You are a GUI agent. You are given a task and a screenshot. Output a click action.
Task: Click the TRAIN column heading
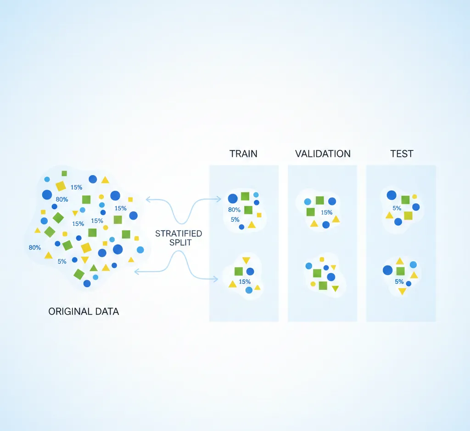click(243, 154)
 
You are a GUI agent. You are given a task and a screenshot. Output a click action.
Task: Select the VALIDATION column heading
click(323, 154)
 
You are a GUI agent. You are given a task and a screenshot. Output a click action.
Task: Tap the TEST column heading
click(401, 154)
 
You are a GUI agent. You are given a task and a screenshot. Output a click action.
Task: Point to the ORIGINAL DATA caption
click(84, 312)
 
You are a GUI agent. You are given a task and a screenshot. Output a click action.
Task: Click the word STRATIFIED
click(179, 234)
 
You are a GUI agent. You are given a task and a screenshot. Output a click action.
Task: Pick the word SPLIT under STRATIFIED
click(180, 243)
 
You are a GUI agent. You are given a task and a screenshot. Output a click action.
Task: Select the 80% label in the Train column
click(234, 210)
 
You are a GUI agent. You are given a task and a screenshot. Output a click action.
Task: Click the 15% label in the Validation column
click(326, 212)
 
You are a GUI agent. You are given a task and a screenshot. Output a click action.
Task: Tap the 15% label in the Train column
click(245, 282)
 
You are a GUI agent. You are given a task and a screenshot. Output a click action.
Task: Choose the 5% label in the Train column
click(235, 220)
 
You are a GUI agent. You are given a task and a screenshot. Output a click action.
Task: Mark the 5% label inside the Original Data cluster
click(62, 261)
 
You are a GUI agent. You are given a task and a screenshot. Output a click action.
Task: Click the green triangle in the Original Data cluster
click(94, 268)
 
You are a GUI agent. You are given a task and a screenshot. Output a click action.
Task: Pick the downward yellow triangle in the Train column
click(246, 260)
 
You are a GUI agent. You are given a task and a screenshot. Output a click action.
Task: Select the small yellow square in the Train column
click(259, 215)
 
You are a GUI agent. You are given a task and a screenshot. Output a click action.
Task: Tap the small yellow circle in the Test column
click(414, 196)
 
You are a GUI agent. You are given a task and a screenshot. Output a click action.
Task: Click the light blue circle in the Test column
click(413, 265)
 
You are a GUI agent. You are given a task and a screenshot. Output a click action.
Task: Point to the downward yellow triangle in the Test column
click(402, 291)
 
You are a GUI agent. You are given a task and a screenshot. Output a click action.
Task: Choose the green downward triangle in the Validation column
click(335, 288)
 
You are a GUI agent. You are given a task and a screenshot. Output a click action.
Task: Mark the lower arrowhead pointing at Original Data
click(136, 272)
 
